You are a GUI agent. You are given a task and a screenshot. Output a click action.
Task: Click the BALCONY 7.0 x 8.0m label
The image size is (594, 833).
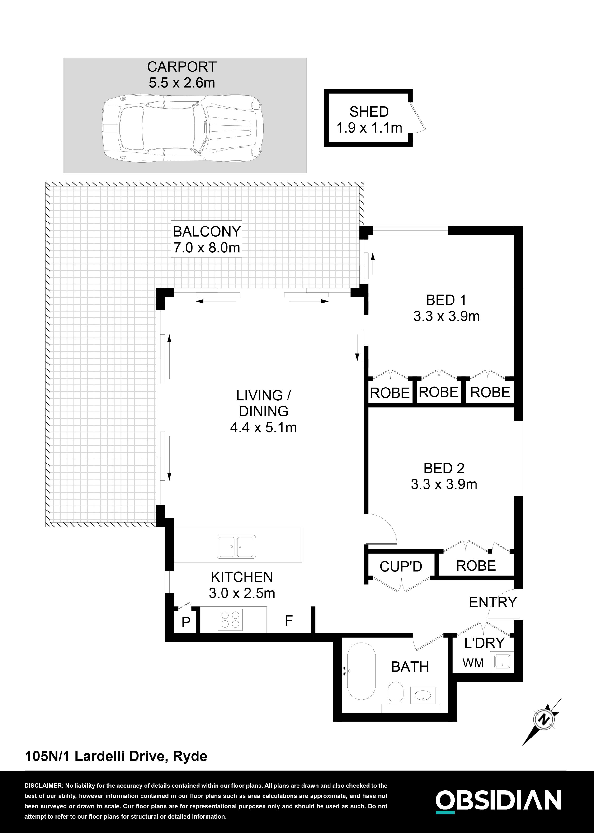click(x=207, y=240)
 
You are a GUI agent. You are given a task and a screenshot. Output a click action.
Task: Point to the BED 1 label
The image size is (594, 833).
click(x=446, y=300)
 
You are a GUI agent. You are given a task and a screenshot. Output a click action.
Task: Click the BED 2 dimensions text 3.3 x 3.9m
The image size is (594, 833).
click(x=444, y=485)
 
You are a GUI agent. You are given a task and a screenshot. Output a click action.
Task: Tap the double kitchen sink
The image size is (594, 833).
click(x=236, y=547)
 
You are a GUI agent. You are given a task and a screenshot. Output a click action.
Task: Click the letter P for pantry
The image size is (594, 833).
click(x=186, y=622)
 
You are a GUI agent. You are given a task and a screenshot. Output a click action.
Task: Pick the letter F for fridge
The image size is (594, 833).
click(x=289, y=620)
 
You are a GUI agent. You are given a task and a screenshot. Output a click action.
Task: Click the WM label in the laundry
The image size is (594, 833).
click(x=473, y=663)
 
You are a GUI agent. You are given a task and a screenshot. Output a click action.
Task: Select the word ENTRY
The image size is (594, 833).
click(x=493, y=602)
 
